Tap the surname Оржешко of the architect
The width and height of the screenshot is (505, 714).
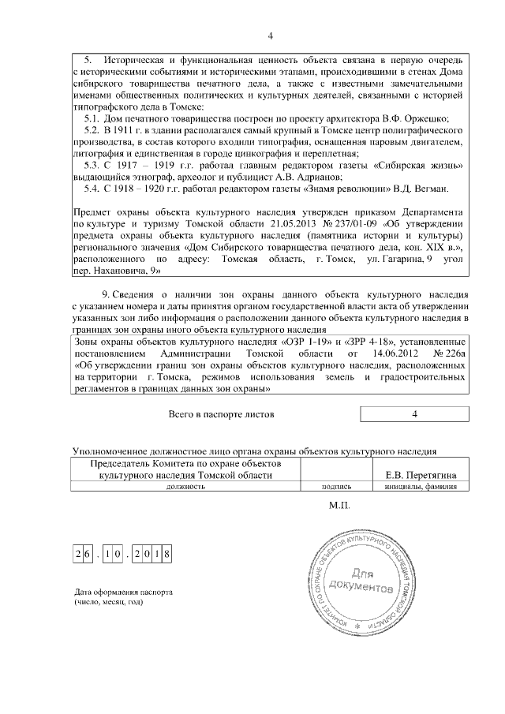(422, 118)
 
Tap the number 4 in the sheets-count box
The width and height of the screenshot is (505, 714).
(414, 413)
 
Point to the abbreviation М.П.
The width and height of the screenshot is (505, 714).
(339, 505)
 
